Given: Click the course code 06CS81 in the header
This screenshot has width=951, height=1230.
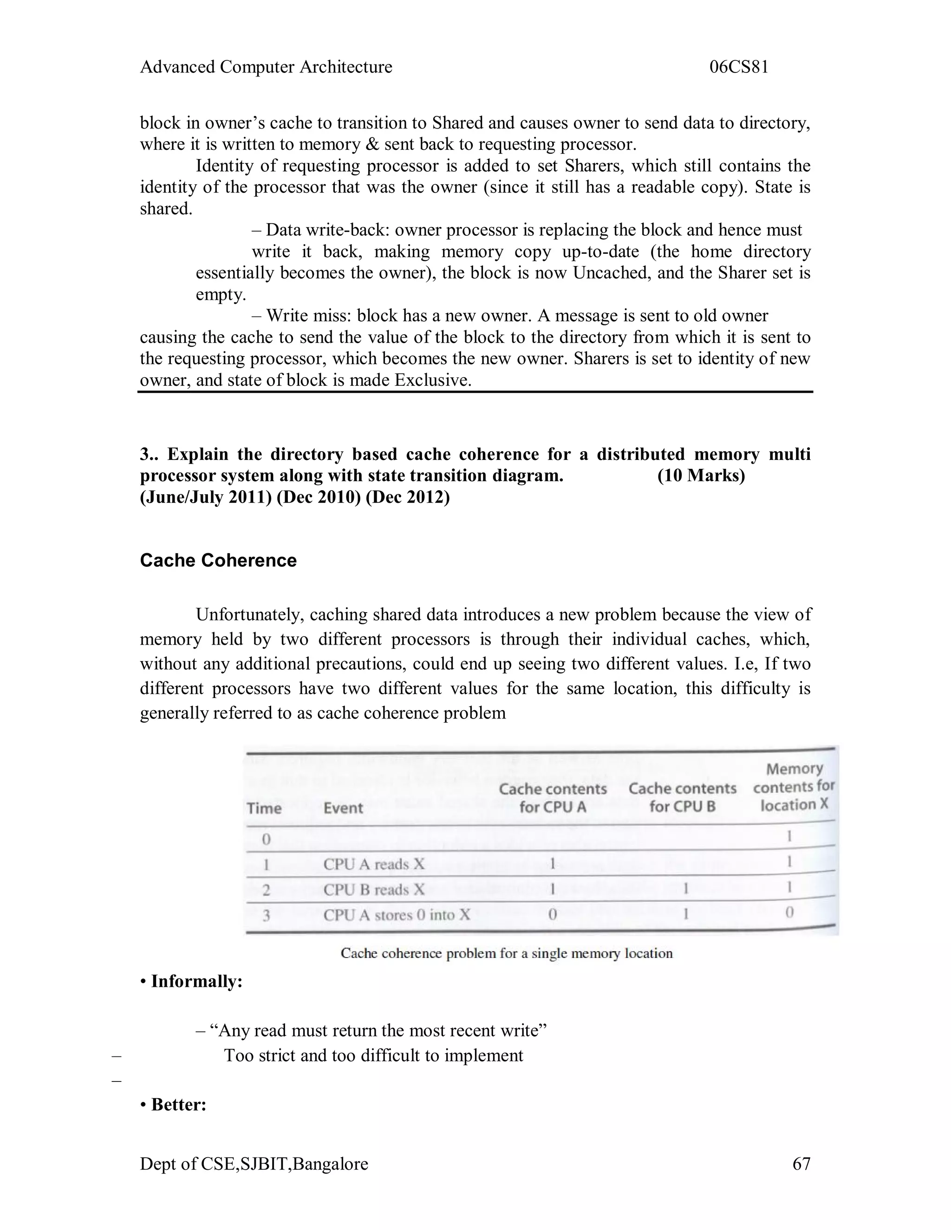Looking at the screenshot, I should tap(739, 67).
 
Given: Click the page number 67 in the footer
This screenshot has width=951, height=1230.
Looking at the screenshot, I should tap(801, 1164).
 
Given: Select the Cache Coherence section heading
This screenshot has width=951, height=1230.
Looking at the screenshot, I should tap(218, 560).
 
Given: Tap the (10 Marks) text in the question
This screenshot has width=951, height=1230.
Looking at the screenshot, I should tap(701, 475).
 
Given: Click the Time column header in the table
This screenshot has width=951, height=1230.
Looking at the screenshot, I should tap(264, 808).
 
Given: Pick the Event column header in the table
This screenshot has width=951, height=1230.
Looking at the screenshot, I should tap(343, 808).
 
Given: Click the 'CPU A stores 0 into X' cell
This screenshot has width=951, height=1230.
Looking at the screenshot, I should tap(396, 915).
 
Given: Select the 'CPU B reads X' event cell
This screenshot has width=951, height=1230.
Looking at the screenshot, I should tap(373, 890).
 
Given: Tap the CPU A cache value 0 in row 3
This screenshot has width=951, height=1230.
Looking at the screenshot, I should tap(553, 915).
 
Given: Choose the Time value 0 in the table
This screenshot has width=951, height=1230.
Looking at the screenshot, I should tap(266, 840).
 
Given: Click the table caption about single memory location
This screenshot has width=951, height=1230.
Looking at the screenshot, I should tap(507, 953).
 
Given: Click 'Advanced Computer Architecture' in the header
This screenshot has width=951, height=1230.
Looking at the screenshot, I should tap(266, 67).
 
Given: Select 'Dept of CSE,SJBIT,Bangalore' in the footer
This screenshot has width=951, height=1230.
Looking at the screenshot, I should tap(254, 1164).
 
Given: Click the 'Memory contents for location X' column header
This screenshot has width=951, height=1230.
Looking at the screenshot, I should tap(794, 787).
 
